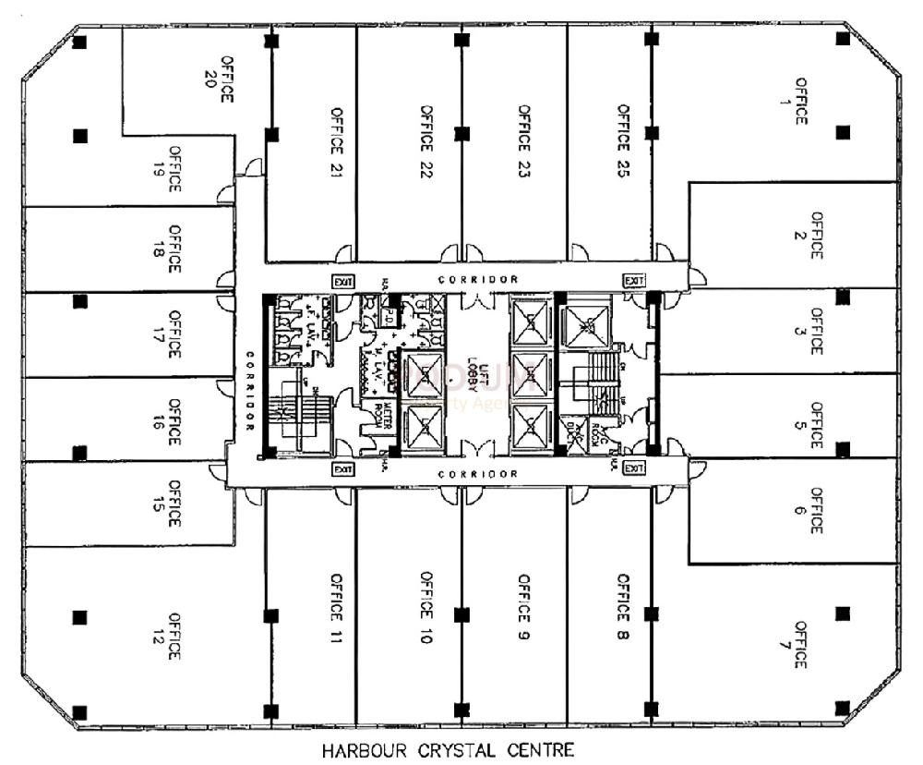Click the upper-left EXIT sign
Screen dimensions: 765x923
click(x=343, y=280)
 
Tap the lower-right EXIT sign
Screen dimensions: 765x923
click(x=634, y=469)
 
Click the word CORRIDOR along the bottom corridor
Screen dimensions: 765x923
click(x=477, y=474)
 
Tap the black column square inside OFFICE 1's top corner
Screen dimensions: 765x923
click(x=842, y=39)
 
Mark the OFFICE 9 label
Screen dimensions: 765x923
click(x=523, y=608)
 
